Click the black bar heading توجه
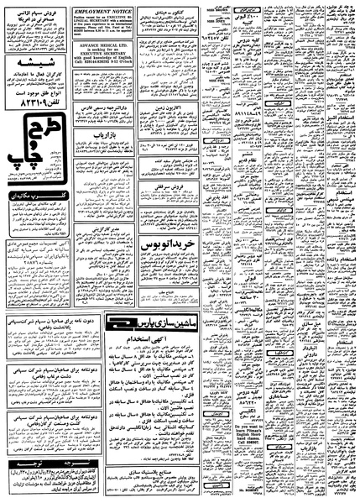(50, 468)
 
